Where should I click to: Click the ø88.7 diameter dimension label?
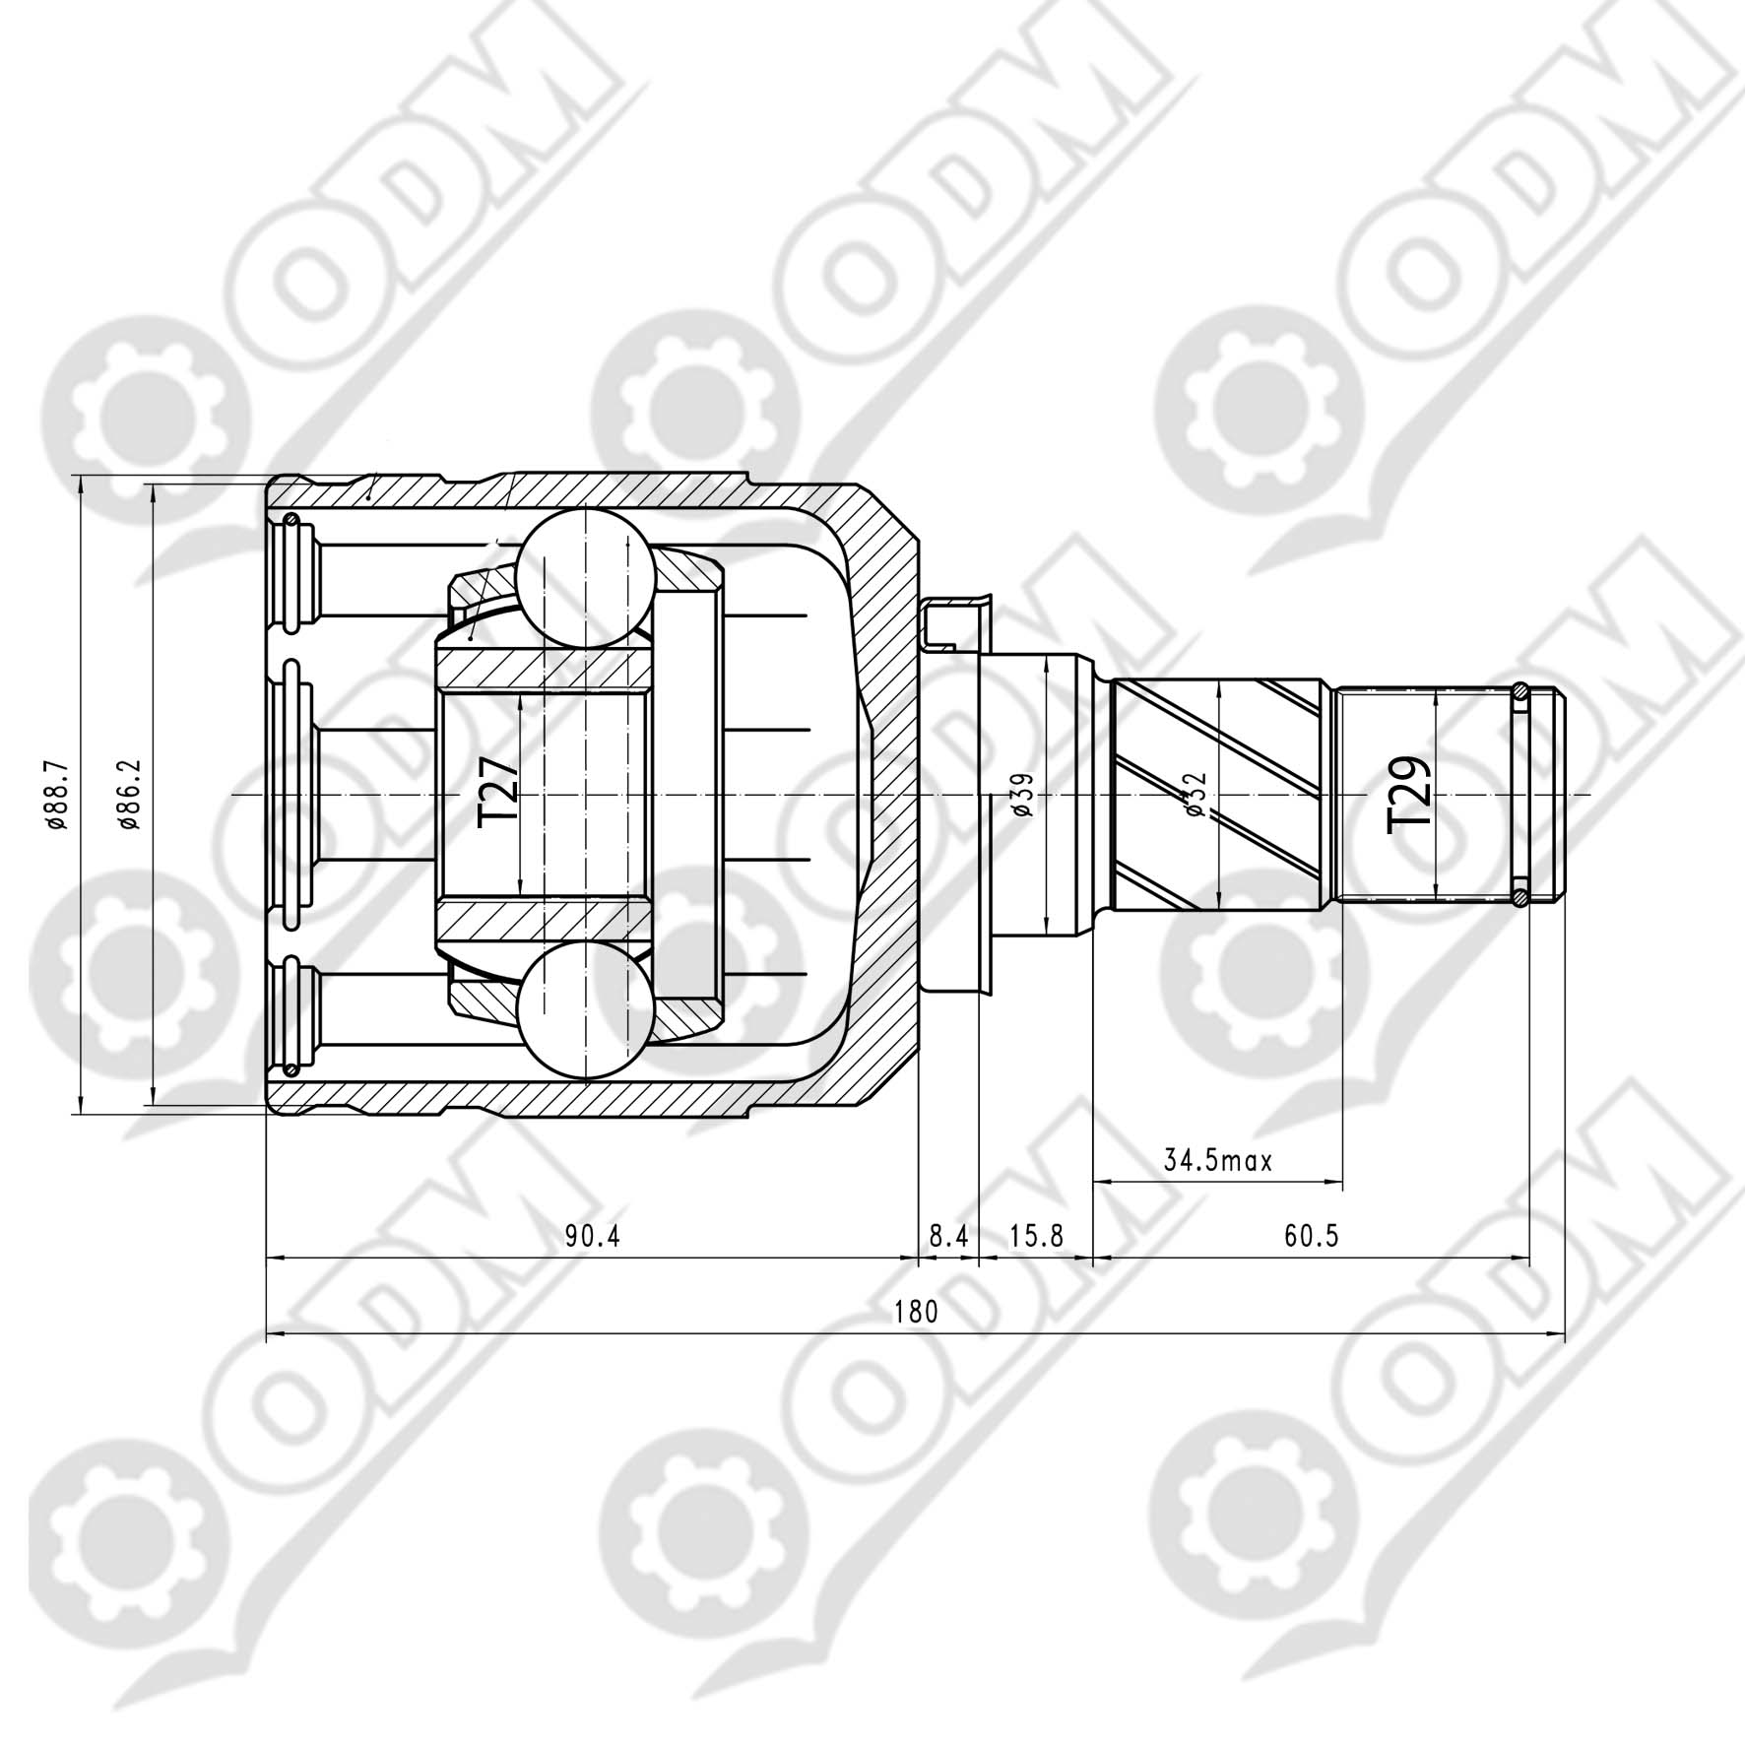coord(56,796)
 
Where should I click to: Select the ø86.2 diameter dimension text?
coord(130,796)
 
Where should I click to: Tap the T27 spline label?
coord(499,793)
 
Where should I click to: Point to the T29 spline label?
coord(1408,796)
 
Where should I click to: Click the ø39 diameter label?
coord(1021,795)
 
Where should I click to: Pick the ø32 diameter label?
coord(1196,795)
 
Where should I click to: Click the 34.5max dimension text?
coord(1218,1160)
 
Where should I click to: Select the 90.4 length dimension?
coord(593,1236)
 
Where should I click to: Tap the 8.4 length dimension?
coord(948,1236)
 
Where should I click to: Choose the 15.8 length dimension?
coord(1036,1236)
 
